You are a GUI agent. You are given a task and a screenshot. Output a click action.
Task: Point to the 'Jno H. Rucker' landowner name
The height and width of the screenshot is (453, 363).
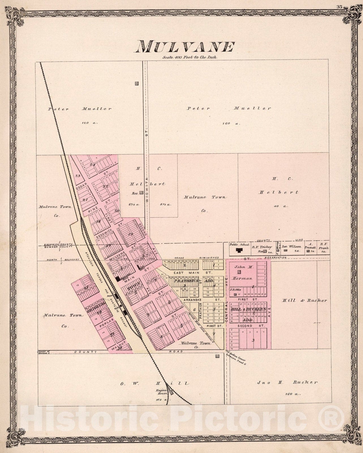point(287,382)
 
